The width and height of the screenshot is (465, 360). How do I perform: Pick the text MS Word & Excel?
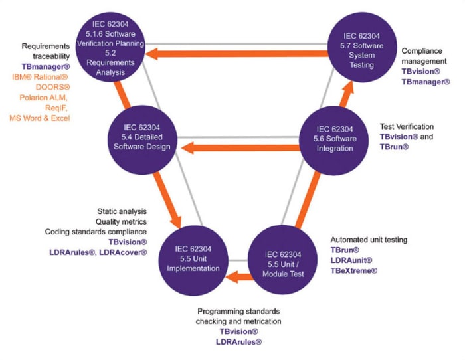(40, 118)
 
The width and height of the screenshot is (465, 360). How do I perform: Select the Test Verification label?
(407, 126)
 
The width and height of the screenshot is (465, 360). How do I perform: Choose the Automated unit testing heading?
(369, 239)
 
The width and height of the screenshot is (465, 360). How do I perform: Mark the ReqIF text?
(54, 108)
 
